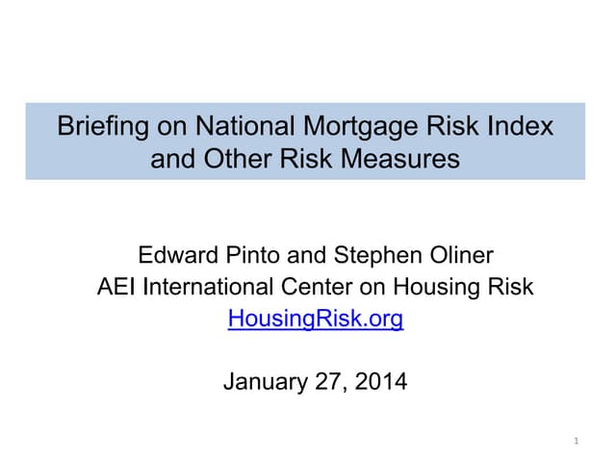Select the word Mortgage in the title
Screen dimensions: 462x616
click(x=336, y=126)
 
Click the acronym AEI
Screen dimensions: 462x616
click(x=116, y=287)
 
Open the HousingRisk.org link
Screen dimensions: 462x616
click(x=316, y=319)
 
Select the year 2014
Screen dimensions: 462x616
click(x=381, y=382)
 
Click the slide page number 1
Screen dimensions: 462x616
click(x=574, y=441)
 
